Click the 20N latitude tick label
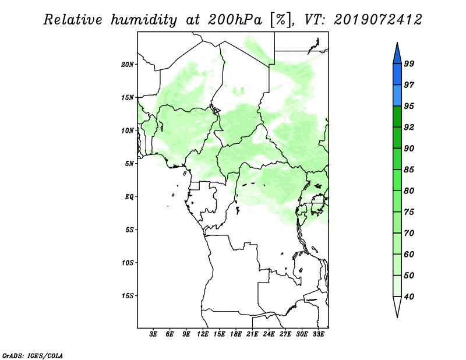[x=128, y=65]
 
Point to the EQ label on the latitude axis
[x=129, y=197]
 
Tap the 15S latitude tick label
[x=128, y=296]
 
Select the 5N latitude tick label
[x=129, y=164]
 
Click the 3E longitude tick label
[x=153, y=334]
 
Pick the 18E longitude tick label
[x=236, y=334]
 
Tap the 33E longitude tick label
[x=318, y=334]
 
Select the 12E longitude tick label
[x=203, y=334]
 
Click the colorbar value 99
[x=409, y=63]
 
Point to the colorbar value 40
[x=409, y=297]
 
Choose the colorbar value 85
[x=409, y=170]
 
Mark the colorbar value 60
[x=409, y=254]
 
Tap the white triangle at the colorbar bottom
[x=397, y=305]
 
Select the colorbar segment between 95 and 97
[x=397, y=96]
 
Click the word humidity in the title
[x=144, y=20]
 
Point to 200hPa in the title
[x=235, y=20]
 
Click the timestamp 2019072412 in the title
[x=377, y=20]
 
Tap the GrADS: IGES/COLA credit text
[x=33, y=355]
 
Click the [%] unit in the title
[x=281, y=20]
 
